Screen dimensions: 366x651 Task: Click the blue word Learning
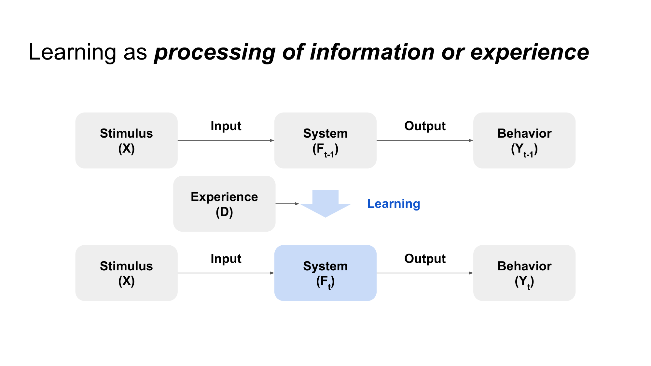(x=394, y=204)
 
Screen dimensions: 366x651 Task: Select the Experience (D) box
(x=224, y=204)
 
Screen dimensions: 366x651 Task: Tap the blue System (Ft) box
(x=325, y=273)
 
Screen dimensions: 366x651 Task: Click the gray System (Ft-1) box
(x=325, y=141)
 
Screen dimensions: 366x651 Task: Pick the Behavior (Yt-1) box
(x=524, y=141)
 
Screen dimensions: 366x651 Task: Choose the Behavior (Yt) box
(x=524, y=273)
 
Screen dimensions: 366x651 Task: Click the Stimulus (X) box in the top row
(x=126, y=141)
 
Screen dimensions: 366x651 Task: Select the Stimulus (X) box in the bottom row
(x=126, y=273)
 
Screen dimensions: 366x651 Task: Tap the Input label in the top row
(x=226, y=126)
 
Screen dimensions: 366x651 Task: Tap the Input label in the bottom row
(x=226, y=259)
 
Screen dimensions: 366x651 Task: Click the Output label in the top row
(x=425, y=126)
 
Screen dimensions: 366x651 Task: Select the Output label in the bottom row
(x=425, y=259)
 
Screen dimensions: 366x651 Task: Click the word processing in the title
(x=215, y=53)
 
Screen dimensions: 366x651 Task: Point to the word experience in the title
(x=530, y=53)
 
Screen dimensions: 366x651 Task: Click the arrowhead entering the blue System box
(x=272, y=273)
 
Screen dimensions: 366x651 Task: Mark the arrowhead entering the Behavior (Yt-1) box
(x=471, y=141)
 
